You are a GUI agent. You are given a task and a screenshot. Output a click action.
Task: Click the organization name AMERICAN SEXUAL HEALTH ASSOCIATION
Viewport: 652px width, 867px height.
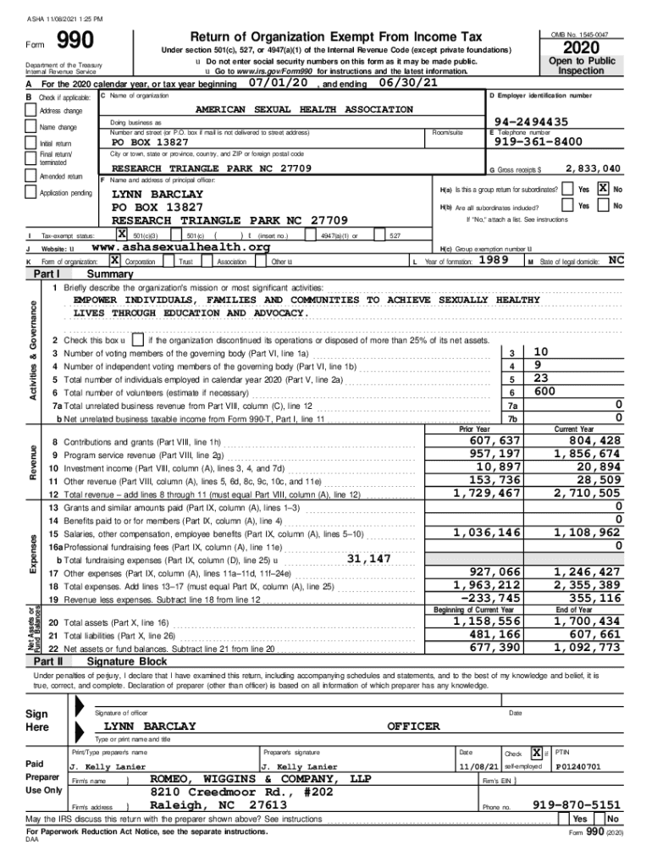coord(304,109)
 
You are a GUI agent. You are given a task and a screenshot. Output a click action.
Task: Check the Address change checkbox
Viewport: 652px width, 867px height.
coord(33,111)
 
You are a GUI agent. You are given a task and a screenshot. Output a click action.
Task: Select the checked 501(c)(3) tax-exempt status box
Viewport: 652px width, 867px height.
coord(123,235)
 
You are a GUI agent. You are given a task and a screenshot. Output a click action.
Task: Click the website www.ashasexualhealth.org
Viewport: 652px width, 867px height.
coord(180,247)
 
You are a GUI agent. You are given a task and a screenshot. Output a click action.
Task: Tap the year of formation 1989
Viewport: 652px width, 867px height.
coord(493,262)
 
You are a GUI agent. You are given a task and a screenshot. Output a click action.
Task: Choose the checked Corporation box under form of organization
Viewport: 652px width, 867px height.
coord(114,262)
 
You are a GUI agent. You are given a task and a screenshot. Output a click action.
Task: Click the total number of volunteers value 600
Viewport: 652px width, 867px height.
coord(545,391)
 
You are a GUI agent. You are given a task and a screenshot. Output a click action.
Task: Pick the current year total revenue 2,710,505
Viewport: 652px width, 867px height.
coord(587,493)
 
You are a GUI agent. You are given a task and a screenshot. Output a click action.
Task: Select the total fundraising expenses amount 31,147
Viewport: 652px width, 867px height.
coord(368,559)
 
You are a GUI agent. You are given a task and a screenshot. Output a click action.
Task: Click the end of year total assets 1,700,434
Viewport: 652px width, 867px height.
coord(587,622)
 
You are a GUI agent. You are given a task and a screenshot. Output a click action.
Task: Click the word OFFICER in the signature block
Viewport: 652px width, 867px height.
coord(413,726)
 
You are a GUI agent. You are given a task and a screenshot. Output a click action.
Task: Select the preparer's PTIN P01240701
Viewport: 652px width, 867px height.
coord(581,767)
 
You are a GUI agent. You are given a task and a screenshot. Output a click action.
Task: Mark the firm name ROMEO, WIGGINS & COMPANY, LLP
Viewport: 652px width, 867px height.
coord(260,778)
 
